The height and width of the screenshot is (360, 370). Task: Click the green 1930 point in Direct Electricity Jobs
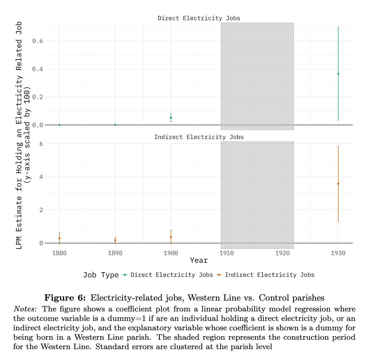click(338, 74)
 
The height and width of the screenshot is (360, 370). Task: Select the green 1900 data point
click(171, 118)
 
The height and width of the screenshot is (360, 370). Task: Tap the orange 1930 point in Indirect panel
click(338, 184)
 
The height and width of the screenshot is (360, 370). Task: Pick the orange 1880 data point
click(59, 238)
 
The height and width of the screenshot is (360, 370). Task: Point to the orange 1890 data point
click(115, 240)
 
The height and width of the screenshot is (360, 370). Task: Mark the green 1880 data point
click(59, 125)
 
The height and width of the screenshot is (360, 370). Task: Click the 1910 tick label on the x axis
click(226, 253)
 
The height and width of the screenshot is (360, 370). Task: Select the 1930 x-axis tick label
click(338, 253)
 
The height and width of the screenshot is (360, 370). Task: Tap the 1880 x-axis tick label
click(59, 253)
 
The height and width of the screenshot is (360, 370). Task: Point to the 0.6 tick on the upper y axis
click(37, 41)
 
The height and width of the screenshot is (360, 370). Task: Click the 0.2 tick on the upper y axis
click(37, 97)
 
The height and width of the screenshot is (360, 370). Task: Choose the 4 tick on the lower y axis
click(41, 177)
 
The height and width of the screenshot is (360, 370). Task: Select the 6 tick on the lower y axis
click(41, 144)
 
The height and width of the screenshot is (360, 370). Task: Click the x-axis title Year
click(199, 260)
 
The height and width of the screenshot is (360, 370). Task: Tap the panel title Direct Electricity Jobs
click(199, 18)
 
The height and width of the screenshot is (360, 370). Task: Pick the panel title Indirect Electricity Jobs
click(199, 137)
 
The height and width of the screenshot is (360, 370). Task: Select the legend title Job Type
click(101, 275)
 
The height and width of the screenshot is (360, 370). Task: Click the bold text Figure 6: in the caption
click(65, 298)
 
